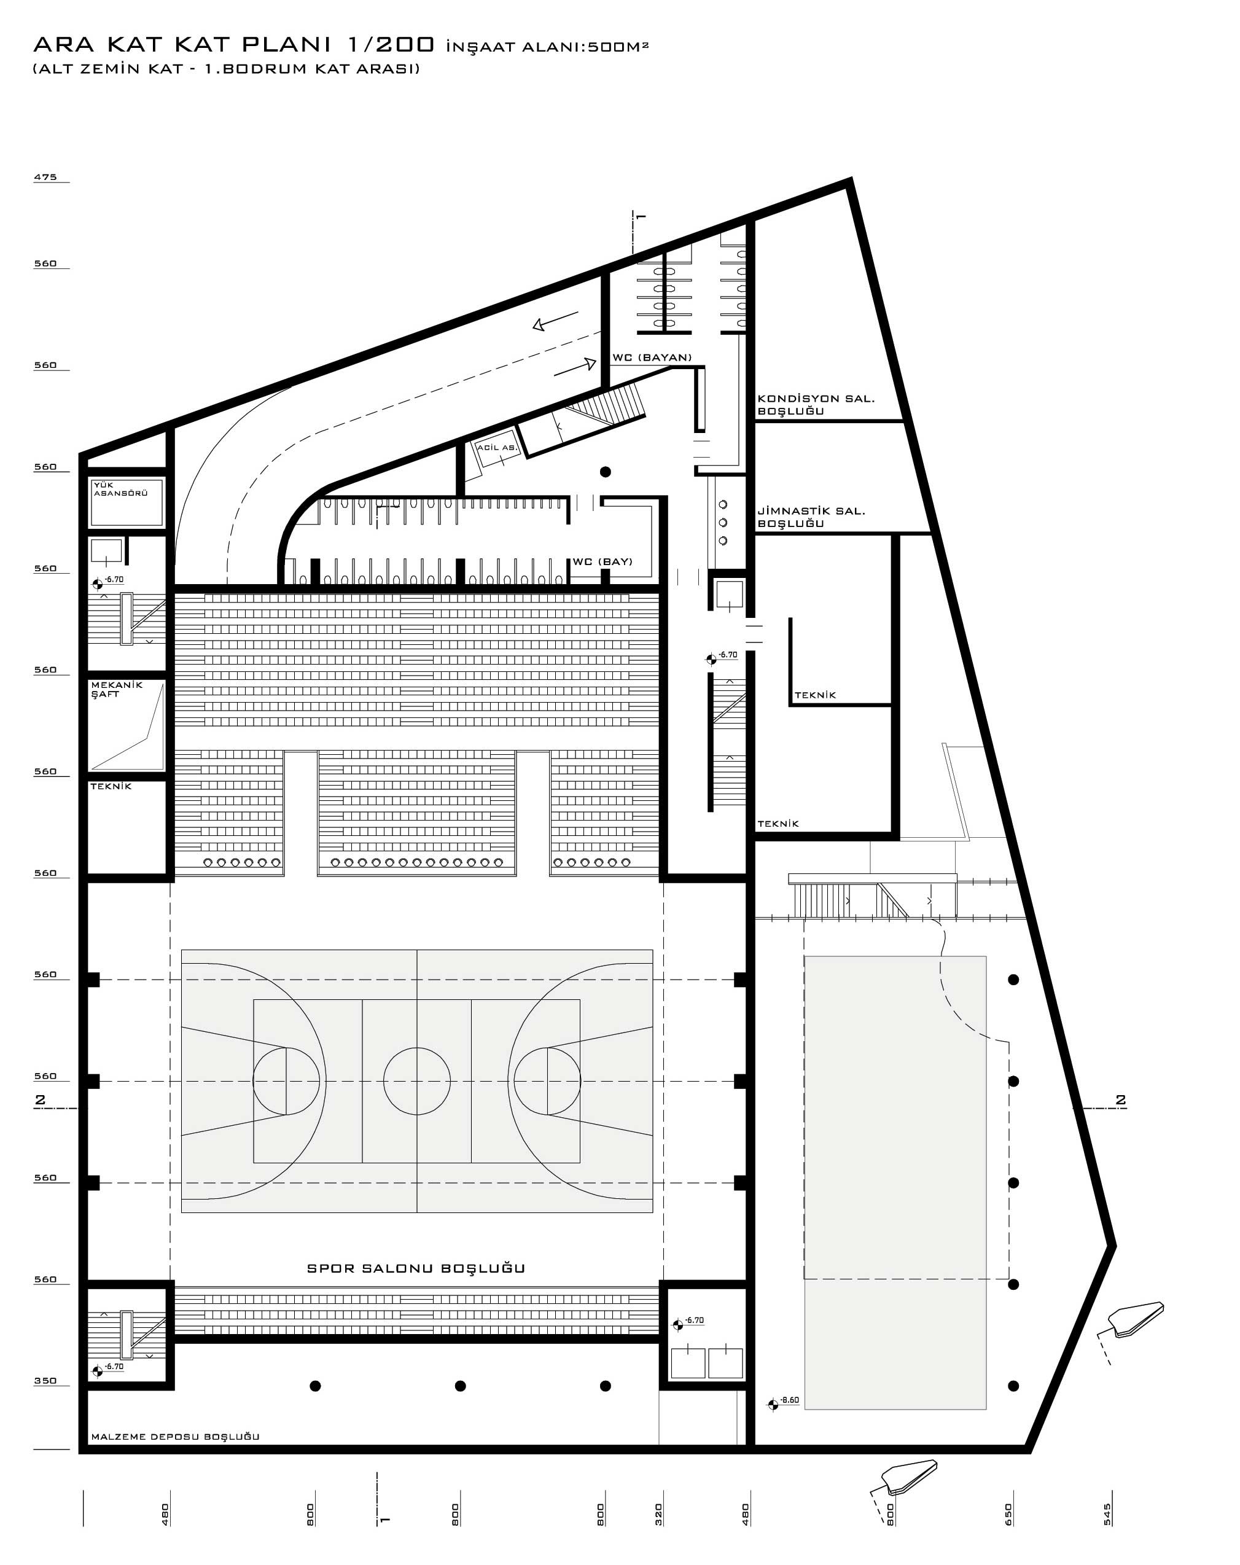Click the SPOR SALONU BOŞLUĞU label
click(x=415, y=1269)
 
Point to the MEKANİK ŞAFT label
click(x=117, y=690)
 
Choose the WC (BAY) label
click(x=602, y=562)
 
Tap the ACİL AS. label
click(x=497, y=448)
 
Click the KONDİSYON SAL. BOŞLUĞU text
click(x=816, y=405)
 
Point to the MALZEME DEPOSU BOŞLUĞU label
click(x=175, y=1437)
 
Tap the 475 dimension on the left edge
click(x=45, y=177)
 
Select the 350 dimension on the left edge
click(x=45, y=1381)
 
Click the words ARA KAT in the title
click(x=98, y=45)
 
